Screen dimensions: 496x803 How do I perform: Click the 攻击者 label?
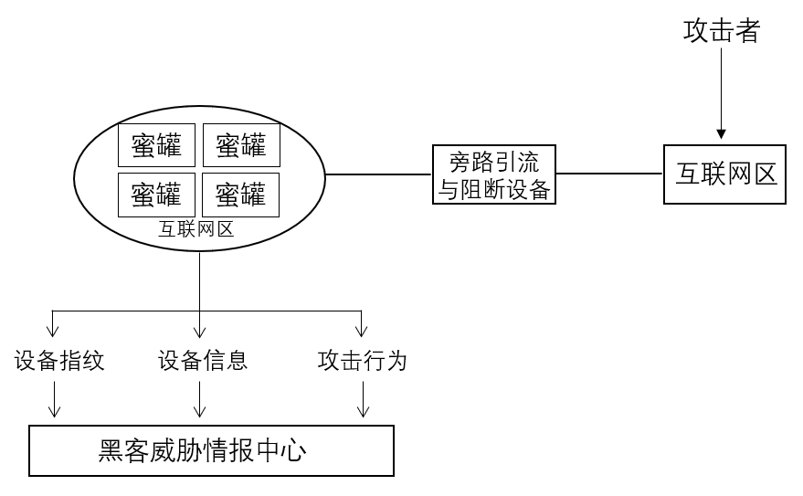[721, 32]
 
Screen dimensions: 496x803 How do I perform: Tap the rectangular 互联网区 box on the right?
[725, 174]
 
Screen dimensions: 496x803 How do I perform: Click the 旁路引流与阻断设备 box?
[493, 175]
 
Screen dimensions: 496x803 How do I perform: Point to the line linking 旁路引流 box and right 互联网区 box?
[609, 174]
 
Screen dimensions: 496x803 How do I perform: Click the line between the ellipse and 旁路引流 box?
[379, 174]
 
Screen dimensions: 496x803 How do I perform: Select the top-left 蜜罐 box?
[156, 144]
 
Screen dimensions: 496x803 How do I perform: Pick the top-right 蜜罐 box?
[240, 144]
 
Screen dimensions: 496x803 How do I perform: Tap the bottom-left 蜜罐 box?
[156, 194]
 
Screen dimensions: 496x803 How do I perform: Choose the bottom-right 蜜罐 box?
[240, 194]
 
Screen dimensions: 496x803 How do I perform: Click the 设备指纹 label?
[59, 361]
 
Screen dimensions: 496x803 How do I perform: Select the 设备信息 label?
[203, 361]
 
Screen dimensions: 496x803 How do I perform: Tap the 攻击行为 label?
[362, 361]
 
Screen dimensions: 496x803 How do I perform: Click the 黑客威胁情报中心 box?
[212, 450]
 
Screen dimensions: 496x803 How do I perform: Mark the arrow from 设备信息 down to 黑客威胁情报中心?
[200, 400]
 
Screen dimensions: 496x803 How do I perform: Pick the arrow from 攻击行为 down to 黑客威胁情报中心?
[364, 400]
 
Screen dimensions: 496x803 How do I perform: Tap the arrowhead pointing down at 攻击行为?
[362, 331]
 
